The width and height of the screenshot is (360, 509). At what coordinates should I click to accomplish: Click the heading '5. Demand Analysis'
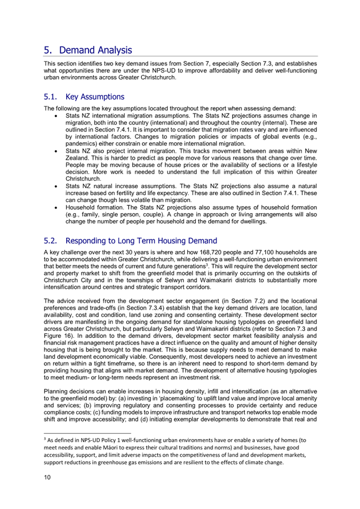87,50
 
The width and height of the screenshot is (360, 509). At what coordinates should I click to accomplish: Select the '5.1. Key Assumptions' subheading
84,97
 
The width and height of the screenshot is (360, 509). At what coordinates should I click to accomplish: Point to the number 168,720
207,252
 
